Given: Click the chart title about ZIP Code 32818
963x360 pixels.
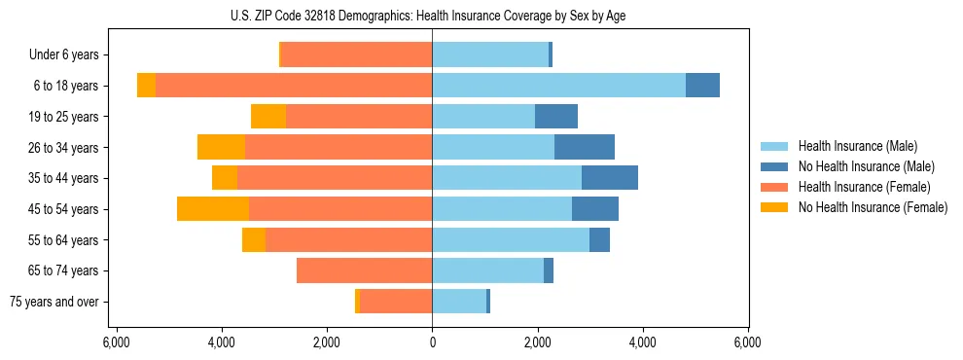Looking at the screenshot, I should coord(432,16).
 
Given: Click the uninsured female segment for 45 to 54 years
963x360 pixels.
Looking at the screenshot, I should coord(213,209).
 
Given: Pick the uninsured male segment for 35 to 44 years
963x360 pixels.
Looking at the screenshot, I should coord(610,178).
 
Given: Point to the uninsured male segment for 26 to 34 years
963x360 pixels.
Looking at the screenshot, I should coord(585,147).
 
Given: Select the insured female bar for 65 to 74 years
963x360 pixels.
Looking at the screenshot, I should coord(364,270).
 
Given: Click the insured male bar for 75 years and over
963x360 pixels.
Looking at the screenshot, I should coord(459,302).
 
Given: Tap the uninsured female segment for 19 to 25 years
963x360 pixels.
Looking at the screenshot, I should coord(268,117).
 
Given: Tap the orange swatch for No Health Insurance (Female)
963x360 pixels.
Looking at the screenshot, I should coord(775,207).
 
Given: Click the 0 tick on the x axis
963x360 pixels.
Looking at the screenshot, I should coord(432,343).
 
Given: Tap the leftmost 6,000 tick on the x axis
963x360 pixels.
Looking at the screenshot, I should coord(116,343).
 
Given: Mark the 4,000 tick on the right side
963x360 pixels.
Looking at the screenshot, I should coord(642,343).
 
